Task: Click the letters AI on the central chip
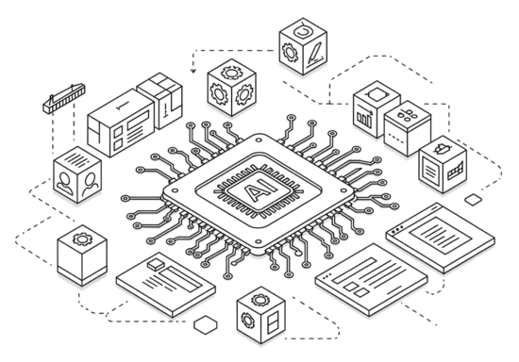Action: tap(258, 190)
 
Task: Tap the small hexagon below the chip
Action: tap(206, 324)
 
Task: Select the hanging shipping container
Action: tap(64, 99)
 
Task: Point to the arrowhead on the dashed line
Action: tap(193, 71)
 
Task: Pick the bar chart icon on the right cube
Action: tap(365, 116)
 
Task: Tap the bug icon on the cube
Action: tap(442, 149)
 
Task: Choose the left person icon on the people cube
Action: tap(64, 183)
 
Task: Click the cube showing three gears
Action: tap(232, 88)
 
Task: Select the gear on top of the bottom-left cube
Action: tap(82, 238)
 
